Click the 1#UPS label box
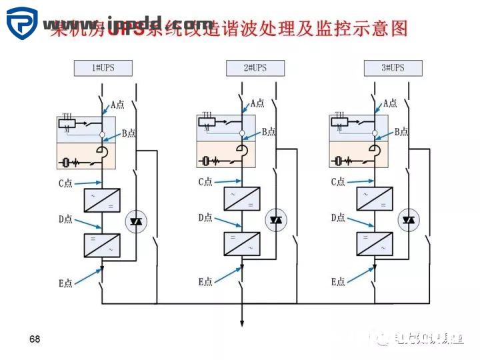pyautogui.click(x=103, y=68)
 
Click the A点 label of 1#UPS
pyautogui.click(x=118, y=104)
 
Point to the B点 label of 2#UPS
pyautogui.click(x=268, y=132)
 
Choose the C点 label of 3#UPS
pyautogui.click(x=339, y=182)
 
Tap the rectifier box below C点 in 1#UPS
pyautogui.click(x=102, y=200)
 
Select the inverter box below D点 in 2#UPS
pyautogui.click(x=241, y=244)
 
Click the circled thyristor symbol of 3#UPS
pyautogui.click(x=407, y=220)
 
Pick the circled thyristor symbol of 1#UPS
pyautogui.click(x=136, y=221)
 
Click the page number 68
pyautogui.click(x=35, y=339)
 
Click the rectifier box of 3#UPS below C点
pyautogui.click(x=374, y=199)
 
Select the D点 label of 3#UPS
pyautogui.click(x=339, y=218)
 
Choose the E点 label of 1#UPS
pyautogui.click(x=65, y=283)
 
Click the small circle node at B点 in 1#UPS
pyautogui.click(x=103, y=135)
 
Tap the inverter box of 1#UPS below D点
pyautogui.click(x=102, y=245)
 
